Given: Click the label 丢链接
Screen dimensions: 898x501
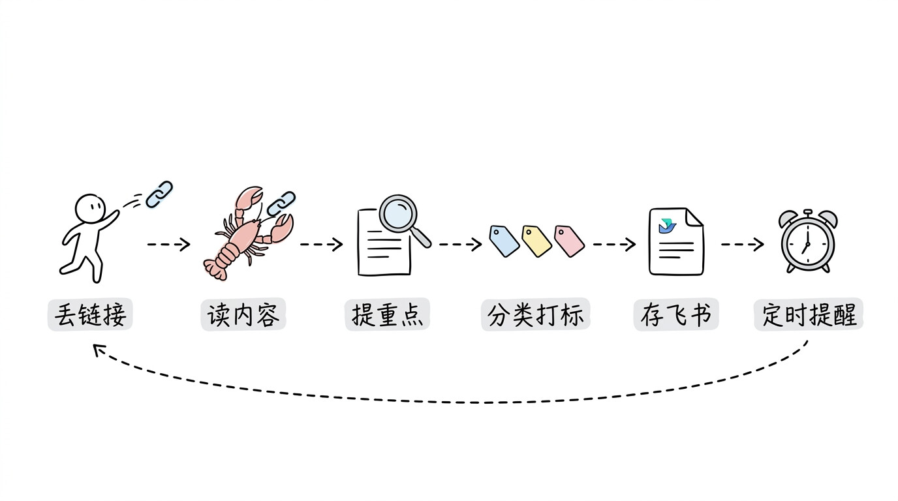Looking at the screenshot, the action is click(90, 314).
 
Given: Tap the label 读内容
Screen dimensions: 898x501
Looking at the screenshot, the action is click(243, 314).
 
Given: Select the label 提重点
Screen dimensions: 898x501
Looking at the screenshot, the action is click(387, 314).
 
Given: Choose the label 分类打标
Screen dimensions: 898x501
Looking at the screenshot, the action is click(536, 314).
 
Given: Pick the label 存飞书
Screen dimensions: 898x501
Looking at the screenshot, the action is click(676, 314).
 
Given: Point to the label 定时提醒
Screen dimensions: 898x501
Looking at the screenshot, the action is click(809, 314).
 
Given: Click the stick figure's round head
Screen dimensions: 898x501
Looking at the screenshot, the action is click(90, 209).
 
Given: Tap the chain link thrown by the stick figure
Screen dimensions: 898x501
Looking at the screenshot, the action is click(159, 194).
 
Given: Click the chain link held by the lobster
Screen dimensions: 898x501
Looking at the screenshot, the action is click(281, 204).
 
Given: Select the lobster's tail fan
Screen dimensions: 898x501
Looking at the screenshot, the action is click(215, 269).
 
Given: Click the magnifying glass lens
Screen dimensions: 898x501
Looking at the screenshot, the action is click(397, 214).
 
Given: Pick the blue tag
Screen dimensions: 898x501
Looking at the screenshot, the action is click(504, 241).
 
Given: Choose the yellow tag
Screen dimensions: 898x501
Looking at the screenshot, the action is click(536, 241).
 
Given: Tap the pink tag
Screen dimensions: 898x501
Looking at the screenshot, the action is click(569, 241).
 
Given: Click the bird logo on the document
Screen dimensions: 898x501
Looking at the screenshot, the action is click(667, 226).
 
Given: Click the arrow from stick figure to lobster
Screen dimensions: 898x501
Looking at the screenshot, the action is click(168, 244).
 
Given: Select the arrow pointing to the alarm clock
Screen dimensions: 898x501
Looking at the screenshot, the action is click(743, 244).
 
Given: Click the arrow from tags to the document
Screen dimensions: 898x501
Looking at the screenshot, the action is click(614, 244).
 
